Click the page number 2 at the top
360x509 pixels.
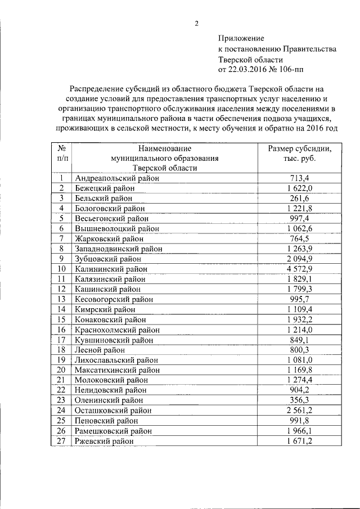point(196,23)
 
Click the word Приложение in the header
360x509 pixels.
point(240,38)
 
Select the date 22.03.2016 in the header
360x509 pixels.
point(247,70)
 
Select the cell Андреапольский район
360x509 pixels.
point(117,178)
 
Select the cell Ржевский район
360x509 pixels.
point(104,442)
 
